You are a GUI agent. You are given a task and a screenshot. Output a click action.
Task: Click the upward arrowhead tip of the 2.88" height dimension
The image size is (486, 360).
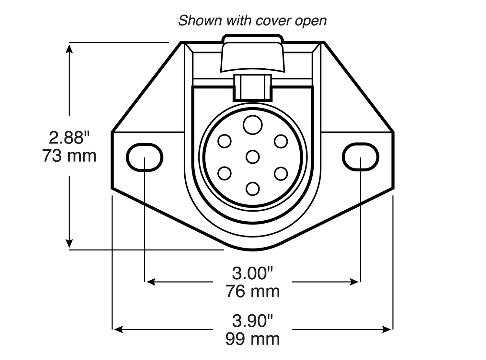(69, 44)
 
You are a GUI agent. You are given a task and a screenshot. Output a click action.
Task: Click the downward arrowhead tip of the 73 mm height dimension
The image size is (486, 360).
(69, 248)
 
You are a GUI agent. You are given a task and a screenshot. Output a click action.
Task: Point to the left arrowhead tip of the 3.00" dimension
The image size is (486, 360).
(146, 282)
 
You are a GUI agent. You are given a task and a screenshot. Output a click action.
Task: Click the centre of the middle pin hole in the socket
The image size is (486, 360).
(253, 157)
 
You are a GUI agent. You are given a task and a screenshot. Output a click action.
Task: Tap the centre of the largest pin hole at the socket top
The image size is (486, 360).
(253, 125)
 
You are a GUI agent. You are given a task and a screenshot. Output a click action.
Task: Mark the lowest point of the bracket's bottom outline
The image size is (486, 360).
(253, 250)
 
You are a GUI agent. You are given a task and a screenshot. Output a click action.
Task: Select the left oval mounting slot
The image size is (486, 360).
(145, 157)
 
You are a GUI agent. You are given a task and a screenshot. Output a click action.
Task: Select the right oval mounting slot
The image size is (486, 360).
(361, 157)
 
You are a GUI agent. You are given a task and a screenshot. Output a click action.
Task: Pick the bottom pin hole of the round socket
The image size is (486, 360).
(253, 189)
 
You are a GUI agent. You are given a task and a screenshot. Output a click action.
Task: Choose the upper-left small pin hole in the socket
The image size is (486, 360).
(225, 141)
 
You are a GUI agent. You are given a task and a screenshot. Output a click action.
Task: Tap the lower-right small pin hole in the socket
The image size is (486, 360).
(281, 174)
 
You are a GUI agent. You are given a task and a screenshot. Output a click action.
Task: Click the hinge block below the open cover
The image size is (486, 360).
(253, 88)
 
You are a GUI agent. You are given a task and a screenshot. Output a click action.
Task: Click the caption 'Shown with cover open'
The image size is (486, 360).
(252, 21)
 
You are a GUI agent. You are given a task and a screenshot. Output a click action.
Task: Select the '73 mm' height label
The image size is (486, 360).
(69, 156)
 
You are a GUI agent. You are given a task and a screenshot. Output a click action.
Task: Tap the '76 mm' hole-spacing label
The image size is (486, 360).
(253, 291)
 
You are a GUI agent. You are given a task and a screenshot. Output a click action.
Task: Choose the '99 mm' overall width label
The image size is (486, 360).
(253, 339)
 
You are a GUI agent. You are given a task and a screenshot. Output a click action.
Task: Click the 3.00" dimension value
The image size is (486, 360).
(253, 273)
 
